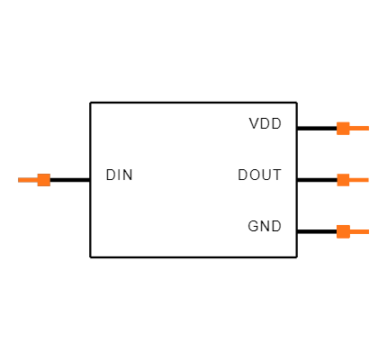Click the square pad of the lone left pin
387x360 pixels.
pyautogui.click(x=43, y=180)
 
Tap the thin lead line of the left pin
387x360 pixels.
pyautogui.click(x=28, y=180)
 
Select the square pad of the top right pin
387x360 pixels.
pyautogui.click(x=343, y=128)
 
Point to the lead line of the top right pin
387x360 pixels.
pyautogui.click(x=359, y=128)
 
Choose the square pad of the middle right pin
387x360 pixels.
pyautogui.click(x=343, y=180)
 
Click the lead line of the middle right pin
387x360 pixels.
pyautogui.click(x=359, y=180)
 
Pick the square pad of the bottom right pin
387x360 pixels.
pyautogui.click(x=343, y=231)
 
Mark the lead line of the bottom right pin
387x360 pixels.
pyautogui.click(x=359, y=231)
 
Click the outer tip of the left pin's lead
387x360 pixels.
pyautogui.click(x=19, y=180)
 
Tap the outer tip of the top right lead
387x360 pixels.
pyautogui.click(x=368, y=128)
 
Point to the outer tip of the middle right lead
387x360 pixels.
pyautogui.click(x=368, y=180)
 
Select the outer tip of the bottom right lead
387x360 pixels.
pyautogui.click(x=368, y=231)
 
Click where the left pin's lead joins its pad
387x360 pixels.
pyautogui.click(x=38, y=180)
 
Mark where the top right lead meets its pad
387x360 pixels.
pyautogui.click(x=349, y=128)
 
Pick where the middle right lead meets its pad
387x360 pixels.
pyautogui.click(x=349, y=180)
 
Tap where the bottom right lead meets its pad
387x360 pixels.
pyautogui.click(x=349, y=231)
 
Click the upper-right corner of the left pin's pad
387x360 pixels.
pyautogui.click(x=49, y=174)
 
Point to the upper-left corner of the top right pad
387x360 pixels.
pyautogui.click(x=337, y=121)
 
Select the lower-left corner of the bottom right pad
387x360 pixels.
pyautogui.click(x=337, y=238)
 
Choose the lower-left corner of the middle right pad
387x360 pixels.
pyautogui.click(x=337, y=186)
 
